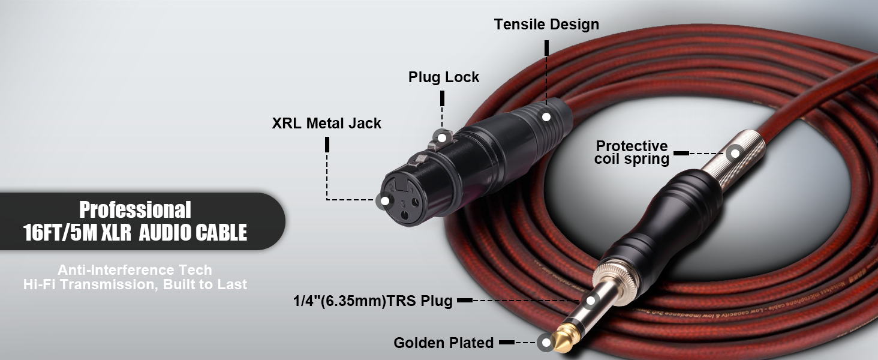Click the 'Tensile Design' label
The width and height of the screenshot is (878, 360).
[546, 25]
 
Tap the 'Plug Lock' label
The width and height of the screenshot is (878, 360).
[444, 77]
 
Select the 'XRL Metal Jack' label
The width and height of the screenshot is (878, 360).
[326, 124]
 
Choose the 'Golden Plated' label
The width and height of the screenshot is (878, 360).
[443, 343]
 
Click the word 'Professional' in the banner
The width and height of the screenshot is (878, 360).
[135, 210]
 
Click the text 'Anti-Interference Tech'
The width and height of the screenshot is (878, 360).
[135, 270]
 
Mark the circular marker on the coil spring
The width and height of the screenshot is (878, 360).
[733, 153]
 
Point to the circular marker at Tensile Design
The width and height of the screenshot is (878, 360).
[546, 116]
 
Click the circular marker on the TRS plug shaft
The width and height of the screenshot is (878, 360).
[591, 301]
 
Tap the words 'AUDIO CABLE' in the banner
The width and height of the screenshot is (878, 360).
[193, 233]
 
